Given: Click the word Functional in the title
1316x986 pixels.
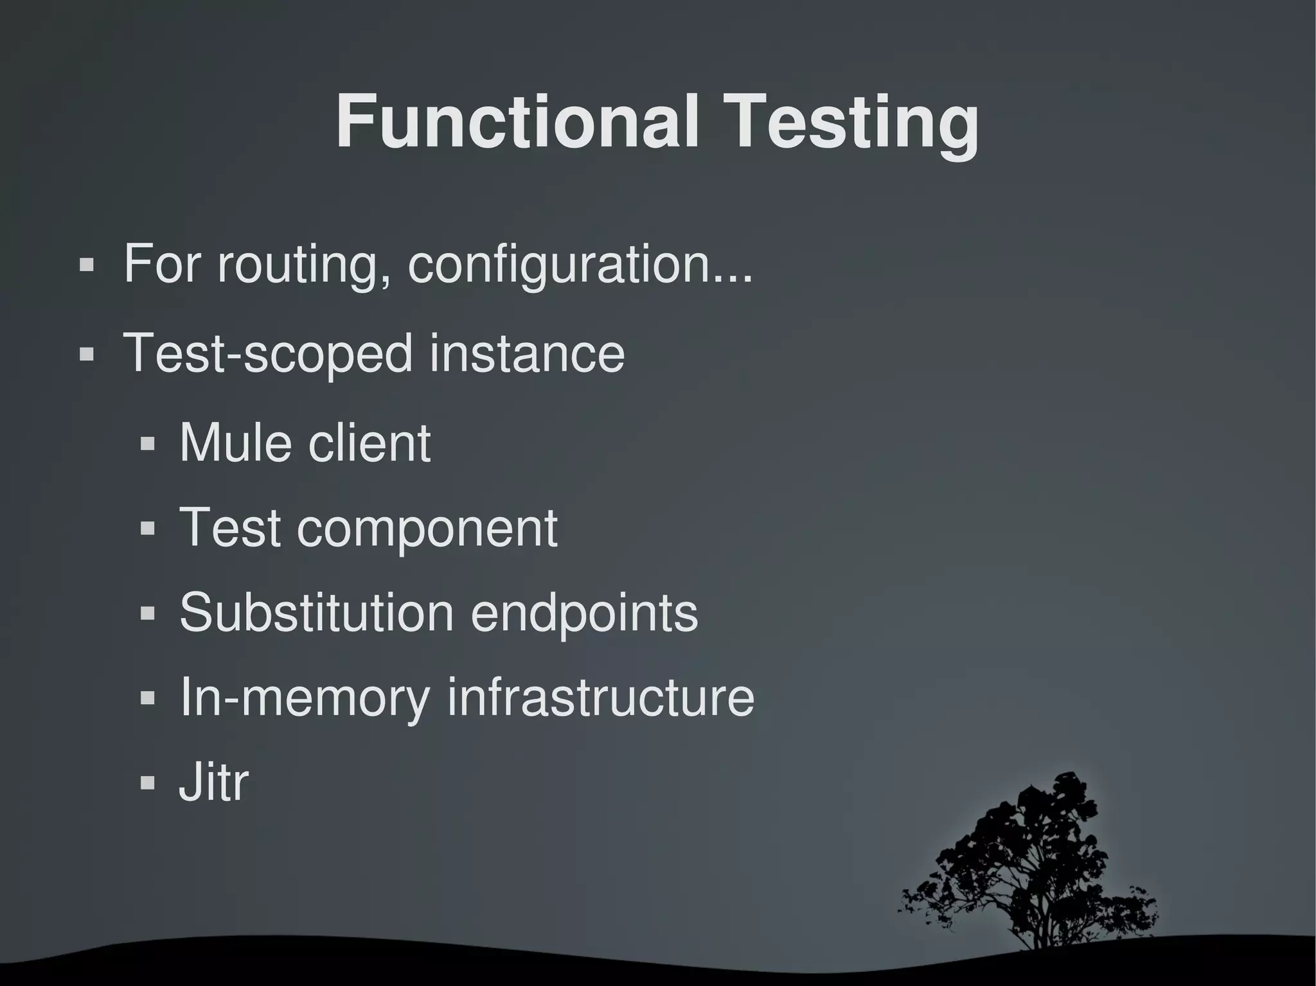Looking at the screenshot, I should point(517,122).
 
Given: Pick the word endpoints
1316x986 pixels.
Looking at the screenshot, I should point(584,613).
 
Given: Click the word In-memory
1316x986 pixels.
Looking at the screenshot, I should point(305,698).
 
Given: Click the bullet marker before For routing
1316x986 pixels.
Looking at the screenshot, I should point(86,265).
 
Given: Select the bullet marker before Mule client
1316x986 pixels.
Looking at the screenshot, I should point(148,443).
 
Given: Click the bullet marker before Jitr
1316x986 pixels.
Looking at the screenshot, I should point(148,783).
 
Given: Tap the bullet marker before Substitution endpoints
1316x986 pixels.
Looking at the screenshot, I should point(148,613).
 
